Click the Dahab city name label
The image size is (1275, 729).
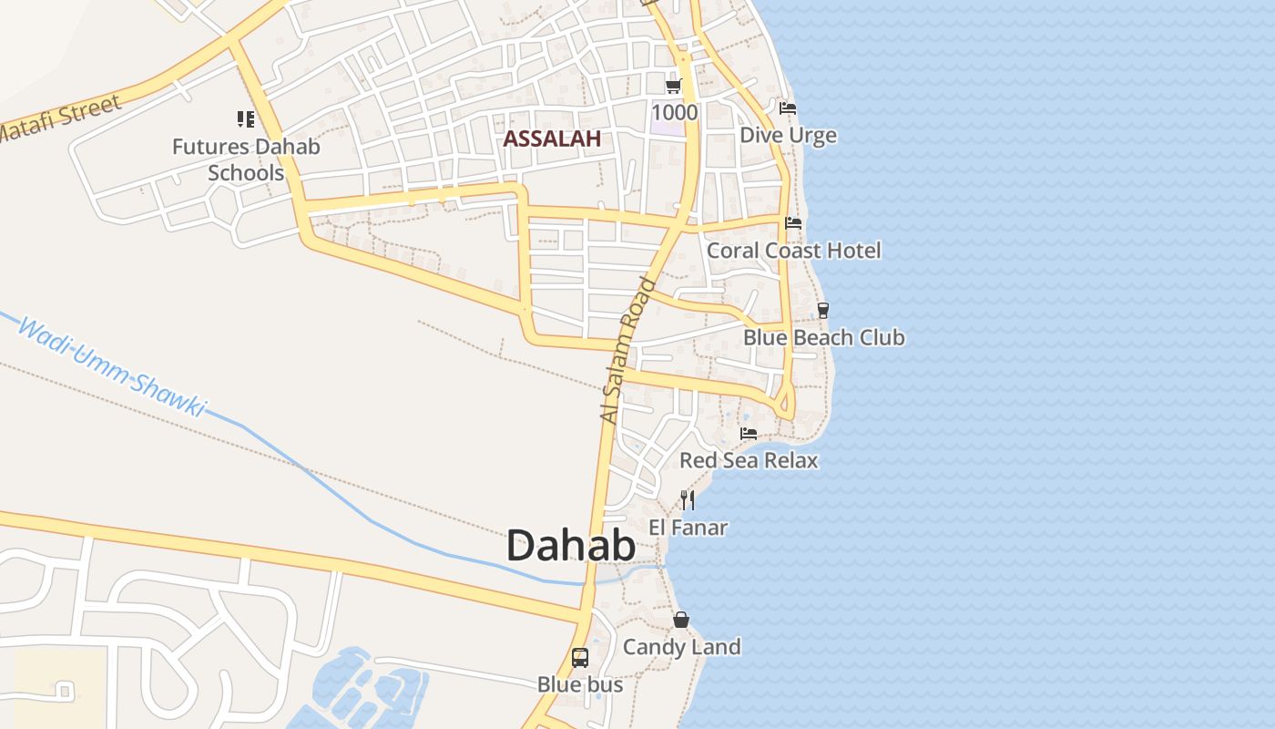pyautogui.click(x=571, y=547)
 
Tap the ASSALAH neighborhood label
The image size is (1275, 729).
pyautogui.click(x=552, y=139)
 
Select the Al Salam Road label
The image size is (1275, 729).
pyautogui.click(x=628, y=350)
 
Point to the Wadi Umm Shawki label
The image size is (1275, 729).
pyautogui.click(x=112, y=367)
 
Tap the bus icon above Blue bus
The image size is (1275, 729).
pyautogui.click(x=580, y=657)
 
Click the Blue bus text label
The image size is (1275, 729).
pyautogui.click(x=580, y=684)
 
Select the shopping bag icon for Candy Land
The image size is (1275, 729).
pyautogui.click(x=680, y=621)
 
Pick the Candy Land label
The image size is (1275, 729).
pyautogui.click(x=681, y=647)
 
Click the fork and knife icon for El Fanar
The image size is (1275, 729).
pyautogui.click(x=688, y=499)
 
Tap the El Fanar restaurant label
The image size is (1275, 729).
pyautogui.click(x=688, y=527)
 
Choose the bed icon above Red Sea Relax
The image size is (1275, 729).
pyautogui.click(x=749, y=433)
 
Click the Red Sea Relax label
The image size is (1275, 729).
pyautogui.click(x=749, y=460)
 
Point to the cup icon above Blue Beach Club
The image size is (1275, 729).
pyautogui.click(x=823, y=310)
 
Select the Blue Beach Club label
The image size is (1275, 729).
pyautogui.click(x=823, y=337)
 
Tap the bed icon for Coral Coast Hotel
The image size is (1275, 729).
pyautogui.click(x=793, y=222)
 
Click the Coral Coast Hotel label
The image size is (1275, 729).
pyautogui.click(x=793, y=250)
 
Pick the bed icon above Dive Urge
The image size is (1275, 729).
pyautogui.click(x=788, y=108)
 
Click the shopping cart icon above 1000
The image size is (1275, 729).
pyautogui.click(x=674, y=86)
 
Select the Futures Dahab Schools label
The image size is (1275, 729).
pyautogui.click(x=246, y=159)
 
